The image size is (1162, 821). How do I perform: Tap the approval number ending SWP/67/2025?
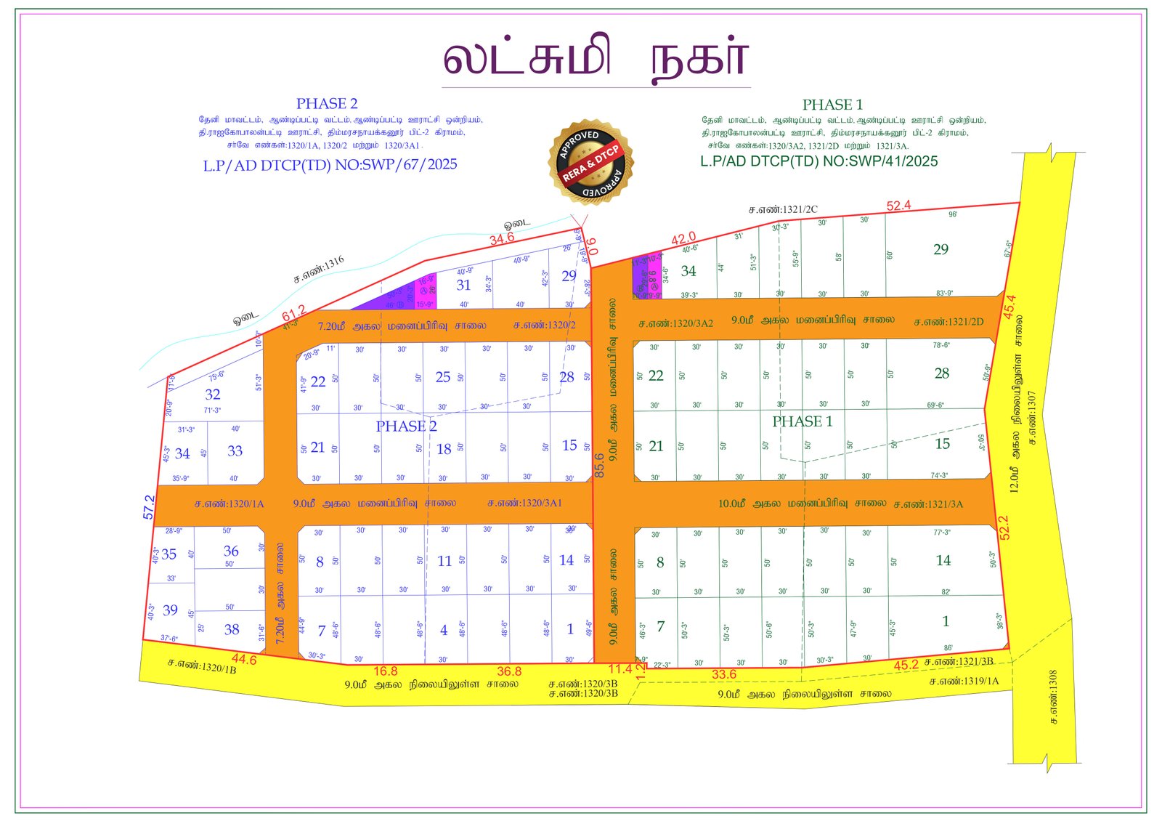pyautogui.click(x=330, y=165)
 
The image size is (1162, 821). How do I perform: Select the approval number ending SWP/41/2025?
pyautogui.click(x=818, y=161)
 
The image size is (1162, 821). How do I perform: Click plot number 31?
pyautogui.click(x=463, y=285)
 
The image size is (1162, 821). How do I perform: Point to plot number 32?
pyautogui.click(x=212, y=395)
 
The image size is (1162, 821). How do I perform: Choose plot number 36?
pyautogui.click(x=231, y=551)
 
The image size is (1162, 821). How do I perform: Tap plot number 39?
pyautogui.click(x=170, y=610)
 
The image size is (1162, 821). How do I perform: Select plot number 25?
pyautogui.click(x=443, y=377)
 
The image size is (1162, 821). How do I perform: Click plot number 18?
pyautogui.click(x=444, y=449)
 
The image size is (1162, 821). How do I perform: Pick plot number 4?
pyautogui.click(x=444, y=631)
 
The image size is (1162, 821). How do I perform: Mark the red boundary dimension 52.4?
pyautogui.click(x=898, y=206)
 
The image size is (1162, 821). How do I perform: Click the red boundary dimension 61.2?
pyautogui.click(x=294, y=313)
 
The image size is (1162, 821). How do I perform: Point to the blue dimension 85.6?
pyautogui.click(x=599, y=465)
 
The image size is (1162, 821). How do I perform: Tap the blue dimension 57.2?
pyautogui.click(x=149, y=507)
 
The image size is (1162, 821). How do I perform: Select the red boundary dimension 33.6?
pyautogui.click(x=723, y=674)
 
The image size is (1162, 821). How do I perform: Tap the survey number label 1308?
pyautogui.click(x=1053, y=696)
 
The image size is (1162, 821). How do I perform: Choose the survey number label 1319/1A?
pyautogui.click(x=964, y=682)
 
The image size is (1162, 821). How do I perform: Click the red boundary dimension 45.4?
pyautogui.click(x=1009, y=307)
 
